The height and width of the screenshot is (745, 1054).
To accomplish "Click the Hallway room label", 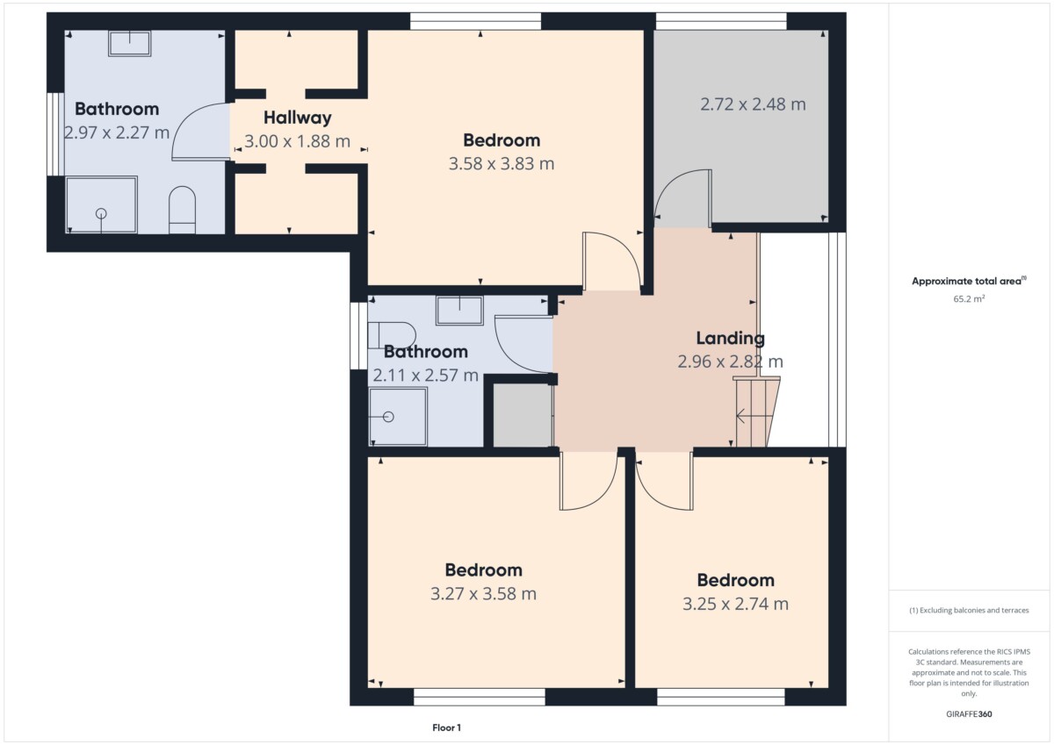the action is click(x=298, y=118).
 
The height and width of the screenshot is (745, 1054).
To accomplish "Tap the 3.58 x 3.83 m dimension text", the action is click(x=502, y=163).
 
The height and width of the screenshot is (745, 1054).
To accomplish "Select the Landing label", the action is click(x=730, y=338).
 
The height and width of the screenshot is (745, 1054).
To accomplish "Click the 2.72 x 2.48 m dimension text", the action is click(x=753, y=104).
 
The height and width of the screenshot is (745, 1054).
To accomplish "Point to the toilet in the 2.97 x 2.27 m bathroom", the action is click(x=182, y=210).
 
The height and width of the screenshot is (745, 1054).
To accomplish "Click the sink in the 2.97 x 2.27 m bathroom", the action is click(x=129, y=43).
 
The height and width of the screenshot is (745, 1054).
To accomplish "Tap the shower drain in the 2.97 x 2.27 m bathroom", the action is click(x=101, y=214).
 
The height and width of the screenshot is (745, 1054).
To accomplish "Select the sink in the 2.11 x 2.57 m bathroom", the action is click(x=459, y=311).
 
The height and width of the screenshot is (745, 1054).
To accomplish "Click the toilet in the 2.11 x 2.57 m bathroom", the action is click(x=392, y=335).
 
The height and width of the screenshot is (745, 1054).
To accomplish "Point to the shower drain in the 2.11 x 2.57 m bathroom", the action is click(x=388, y=417).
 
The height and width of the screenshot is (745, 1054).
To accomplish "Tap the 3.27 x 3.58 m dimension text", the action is click(x=483, y=594).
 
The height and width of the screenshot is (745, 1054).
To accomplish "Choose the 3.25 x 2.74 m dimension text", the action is click(x=735, y=604).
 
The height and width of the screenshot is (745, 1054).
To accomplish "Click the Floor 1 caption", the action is click(x=446, y=727).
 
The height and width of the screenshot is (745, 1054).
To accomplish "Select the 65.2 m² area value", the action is click(x=969, y=298).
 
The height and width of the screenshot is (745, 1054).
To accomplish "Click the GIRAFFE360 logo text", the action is click(x=969, y=714).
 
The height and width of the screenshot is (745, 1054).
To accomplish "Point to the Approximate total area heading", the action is click(x=969, y=281).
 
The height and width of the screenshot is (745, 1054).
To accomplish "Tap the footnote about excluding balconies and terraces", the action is click(x=969, y=610).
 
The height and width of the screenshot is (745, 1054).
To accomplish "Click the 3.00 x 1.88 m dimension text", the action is click(x=298, y=141).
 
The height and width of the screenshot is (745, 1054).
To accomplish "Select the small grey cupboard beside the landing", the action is click(x=523, y=415).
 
